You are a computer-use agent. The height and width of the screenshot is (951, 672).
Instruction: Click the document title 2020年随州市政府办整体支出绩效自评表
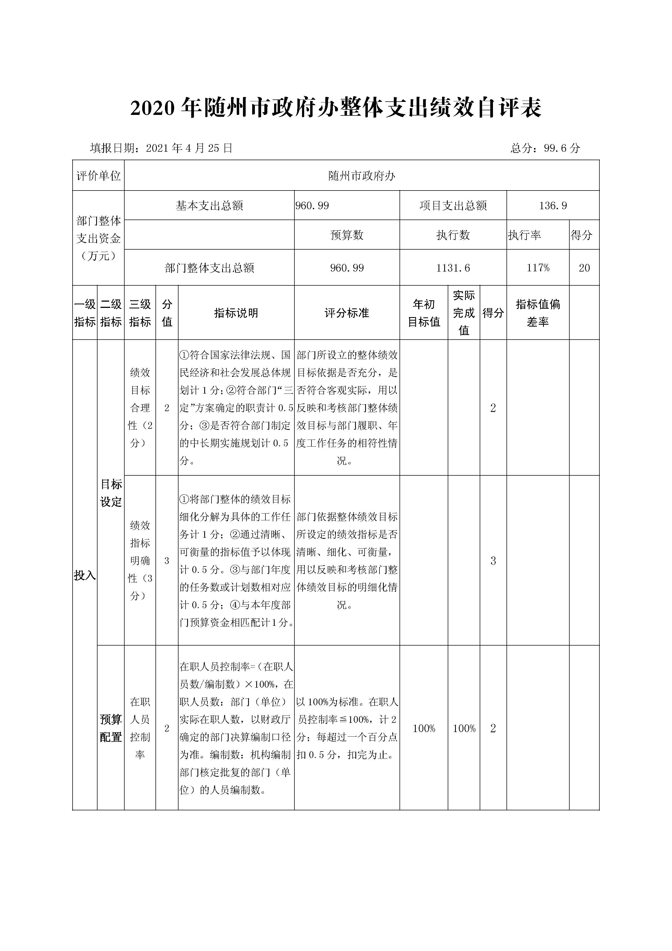[x=336, y=108]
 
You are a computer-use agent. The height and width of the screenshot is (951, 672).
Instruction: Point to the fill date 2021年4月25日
[x=189, y=148]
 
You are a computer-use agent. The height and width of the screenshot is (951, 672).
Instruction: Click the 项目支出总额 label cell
[x=453, y=205]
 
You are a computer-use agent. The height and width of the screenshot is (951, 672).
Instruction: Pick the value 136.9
[x=553, y=205]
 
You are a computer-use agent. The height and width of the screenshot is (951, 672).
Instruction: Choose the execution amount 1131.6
[x=453, y=268]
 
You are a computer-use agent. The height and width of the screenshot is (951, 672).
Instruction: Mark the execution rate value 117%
[x=538, y=268]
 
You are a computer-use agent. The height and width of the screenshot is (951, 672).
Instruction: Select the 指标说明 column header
[x=236, y=313]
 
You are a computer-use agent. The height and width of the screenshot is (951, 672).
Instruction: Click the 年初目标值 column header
[x=424, y=313]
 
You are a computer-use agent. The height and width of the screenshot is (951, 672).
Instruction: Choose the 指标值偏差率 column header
[x=538, y=313]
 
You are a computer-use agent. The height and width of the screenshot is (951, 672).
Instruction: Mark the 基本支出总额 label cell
[x=209, y=205]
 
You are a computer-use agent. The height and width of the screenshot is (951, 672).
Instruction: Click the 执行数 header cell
[x=453, y=235]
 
